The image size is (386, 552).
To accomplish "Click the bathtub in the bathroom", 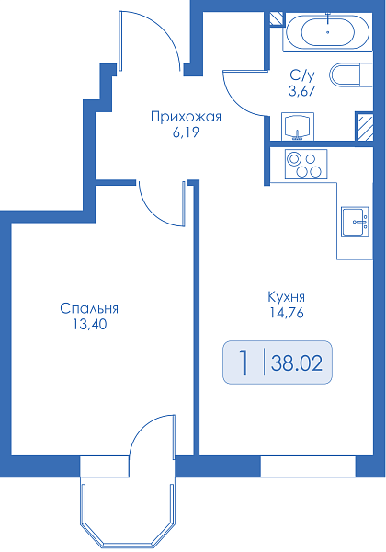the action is pos(328,31).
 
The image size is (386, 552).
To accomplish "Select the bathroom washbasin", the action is pos(298,126).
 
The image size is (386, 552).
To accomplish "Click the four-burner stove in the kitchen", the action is pos(306,164).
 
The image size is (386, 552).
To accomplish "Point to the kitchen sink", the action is pos(355,222).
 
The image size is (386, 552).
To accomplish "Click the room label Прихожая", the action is pos(186,117).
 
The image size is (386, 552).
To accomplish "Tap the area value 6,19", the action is pos(186,132).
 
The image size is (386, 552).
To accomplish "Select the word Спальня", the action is pos(89,308).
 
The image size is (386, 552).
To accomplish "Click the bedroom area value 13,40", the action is pos(90,324).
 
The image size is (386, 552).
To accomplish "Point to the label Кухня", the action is pos(287,297).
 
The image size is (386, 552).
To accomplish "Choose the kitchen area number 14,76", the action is pos(287,313).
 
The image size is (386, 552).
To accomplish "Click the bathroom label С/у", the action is pos(302,75).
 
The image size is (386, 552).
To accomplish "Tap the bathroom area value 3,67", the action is pos(302,91).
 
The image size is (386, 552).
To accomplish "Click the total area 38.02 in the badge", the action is pos(296,363).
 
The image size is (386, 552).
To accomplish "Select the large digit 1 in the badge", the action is pos(244,362).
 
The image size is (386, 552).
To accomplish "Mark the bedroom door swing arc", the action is pos(153,213).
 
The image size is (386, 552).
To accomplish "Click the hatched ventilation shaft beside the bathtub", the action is pos(277,18).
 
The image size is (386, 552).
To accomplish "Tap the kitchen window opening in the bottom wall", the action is pos(308,466).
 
